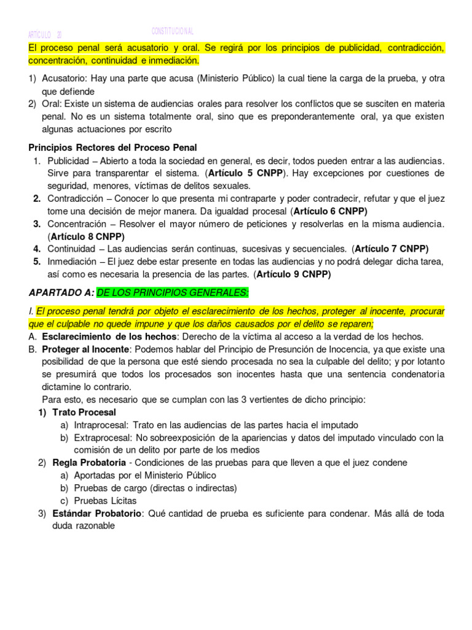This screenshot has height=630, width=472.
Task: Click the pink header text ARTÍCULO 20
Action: (45, 34)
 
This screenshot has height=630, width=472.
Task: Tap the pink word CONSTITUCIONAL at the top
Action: (173, 31)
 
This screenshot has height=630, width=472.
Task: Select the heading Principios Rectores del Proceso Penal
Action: (113, 148)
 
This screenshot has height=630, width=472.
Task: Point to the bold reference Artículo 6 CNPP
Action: (329, 211)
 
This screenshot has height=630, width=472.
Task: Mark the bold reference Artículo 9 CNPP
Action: (294, 274)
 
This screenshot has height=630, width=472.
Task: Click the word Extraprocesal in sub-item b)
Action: (102, 437)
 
